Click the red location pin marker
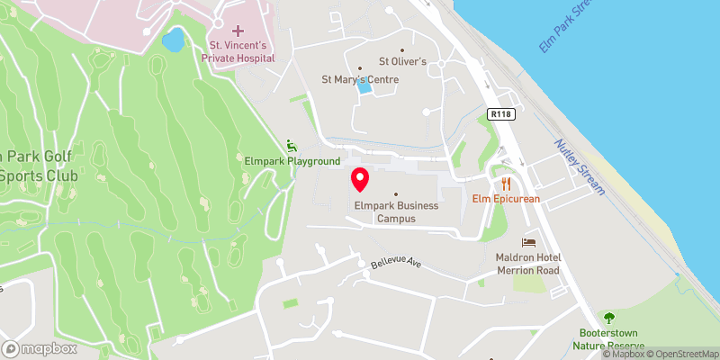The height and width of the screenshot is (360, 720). click(360, 179)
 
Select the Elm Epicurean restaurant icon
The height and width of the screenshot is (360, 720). click(506, 180)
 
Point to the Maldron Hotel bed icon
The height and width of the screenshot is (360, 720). click(528, 243)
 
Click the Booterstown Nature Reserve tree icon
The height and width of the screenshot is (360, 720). click(609, 318)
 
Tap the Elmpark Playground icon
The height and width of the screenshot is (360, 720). click(291, 145)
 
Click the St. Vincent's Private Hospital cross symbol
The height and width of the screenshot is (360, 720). click(238, 31)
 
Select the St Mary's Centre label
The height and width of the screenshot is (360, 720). click(360, 79)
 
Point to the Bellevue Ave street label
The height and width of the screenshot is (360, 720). click(396, 265)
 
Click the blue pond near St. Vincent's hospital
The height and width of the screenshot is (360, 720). click(173, 40)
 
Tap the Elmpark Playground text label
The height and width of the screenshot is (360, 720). click(292, 161)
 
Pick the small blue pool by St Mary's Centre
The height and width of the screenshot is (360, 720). click(364, 86)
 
